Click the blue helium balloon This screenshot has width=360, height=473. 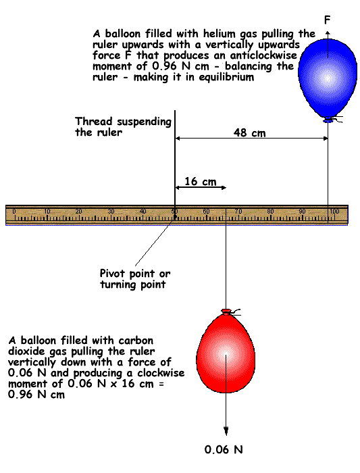point(328,79)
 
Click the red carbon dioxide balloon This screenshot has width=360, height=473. point(226,351)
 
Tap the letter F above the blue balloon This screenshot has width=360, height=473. point(327,20)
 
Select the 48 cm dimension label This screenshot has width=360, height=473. point(250,132)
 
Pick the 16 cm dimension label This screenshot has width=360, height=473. point(201,181)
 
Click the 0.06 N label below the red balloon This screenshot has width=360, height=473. point(224,449)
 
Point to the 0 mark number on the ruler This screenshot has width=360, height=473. point(14,211)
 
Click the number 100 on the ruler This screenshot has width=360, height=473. point(334,211)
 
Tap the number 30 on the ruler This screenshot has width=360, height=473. point(111,211)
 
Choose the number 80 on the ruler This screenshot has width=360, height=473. point(270,211)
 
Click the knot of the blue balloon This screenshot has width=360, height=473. point(328,120)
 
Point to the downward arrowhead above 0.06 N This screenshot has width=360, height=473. point(226,431)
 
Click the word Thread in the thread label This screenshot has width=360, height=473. point(93,121)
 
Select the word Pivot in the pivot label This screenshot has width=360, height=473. point(112,273)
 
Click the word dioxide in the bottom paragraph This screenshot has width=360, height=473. point(27,351)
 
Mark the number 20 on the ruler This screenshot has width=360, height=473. point(79,211)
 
